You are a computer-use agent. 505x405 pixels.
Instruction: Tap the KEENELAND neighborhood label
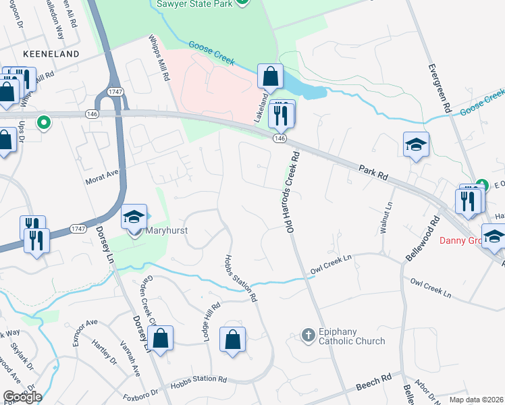pos(51,53)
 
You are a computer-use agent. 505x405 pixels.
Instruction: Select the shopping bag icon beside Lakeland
pos(270,78)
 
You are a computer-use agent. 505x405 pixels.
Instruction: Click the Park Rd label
pos(373,171)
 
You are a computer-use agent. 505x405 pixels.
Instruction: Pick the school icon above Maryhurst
pos(134,217)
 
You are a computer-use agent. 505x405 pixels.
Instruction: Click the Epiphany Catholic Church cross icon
pos(308,334)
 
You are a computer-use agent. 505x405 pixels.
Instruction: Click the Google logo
pos(22,397)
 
